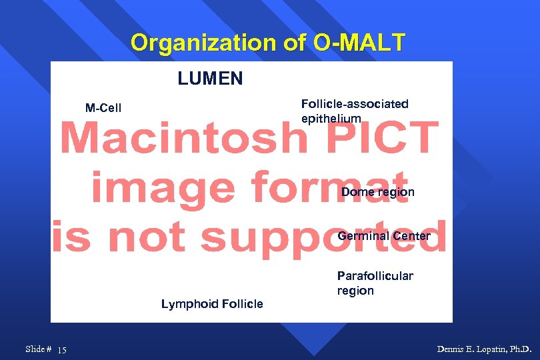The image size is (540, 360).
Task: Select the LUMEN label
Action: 210,79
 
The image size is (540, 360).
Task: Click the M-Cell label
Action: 103,108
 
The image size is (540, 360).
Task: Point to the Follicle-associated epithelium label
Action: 354,111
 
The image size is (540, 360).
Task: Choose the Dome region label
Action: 378,192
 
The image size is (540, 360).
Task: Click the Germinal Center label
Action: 384,236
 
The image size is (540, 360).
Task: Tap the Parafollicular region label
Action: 375,283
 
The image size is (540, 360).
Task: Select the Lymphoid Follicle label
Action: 212,304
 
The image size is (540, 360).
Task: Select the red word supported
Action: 323,238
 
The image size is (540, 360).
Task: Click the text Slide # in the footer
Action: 39,349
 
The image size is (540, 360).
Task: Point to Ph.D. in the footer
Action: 521,349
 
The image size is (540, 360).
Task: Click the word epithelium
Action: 331,119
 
